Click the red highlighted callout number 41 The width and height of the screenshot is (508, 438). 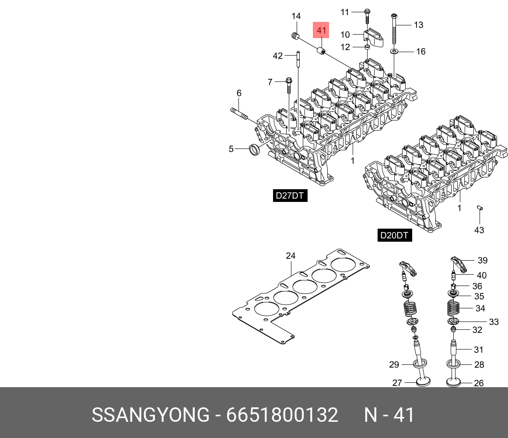coord(322,31)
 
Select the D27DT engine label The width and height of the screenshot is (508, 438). coord(289,195)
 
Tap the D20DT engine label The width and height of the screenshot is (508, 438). coord(394,235)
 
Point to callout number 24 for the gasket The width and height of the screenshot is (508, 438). coord(291,256)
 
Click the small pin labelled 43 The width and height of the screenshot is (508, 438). coord(480,208)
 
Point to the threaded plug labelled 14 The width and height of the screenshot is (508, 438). coord(295,36)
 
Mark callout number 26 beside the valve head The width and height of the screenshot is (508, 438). coord(479,383)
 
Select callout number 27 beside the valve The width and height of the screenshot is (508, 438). coord(397,383)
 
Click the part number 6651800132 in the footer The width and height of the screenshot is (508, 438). coord(282,414)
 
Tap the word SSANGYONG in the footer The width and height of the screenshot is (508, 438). coord(151,414)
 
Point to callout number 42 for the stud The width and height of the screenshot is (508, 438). coord(278,56)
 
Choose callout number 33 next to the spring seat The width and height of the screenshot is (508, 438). coord(494,322)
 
